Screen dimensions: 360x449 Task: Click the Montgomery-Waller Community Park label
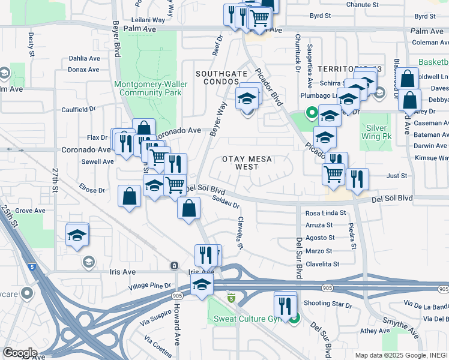tap(147, 88)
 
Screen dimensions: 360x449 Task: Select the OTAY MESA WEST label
tap(247, 163)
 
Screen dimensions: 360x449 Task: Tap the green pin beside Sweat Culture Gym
tap(294, 317)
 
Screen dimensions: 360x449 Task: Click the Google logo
tap(19, 353)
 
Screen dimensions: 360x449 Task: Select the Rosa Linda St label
tap(325, 213)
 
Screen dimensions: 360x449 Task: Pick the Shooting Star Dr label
tap(327, 305)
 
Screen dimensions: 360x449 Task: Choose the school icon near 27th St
tap(77, 235)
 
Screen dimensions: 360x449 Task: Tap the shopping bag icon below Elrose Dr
tap(130, 196)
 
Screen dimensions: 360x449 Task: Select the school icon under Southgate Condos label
tap(247, 98)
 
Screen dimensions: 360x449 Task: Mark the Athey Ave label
tap(375, 331)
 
